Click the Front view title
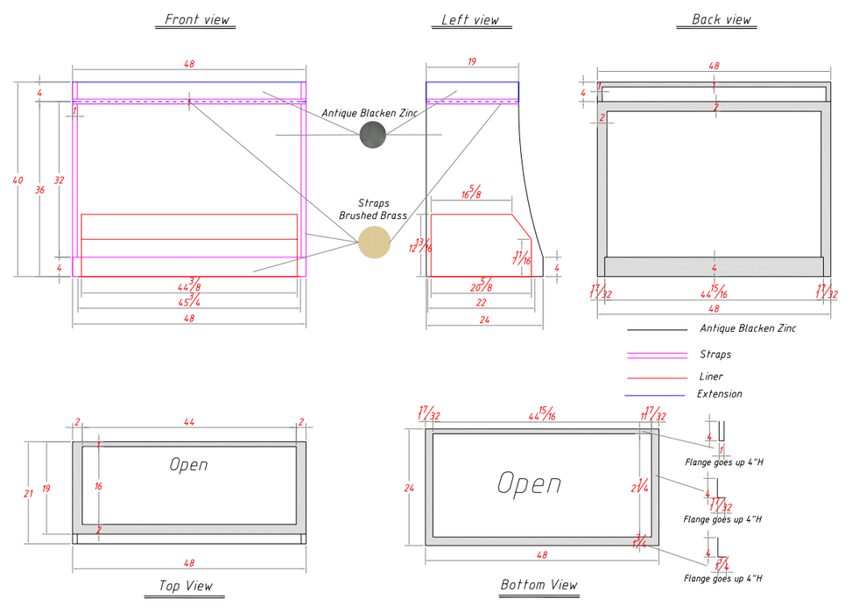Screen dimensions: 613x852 (197, 19)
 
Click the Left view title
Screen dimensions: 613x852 (470, 19)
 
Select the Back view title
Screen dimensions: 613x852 (721, 19)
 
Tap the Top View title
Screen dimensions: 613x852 (185, 586)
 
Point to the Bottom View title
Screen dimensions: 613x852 (539, 584)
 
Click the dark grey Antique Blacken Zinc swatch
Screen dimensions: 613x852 (372, 134)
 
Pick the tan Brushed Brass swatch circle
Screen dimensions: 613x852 (374, 243)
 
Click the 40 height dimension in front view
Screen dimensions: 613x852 (18, 180)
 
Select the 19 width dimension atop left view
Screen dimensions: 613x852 (472, 61)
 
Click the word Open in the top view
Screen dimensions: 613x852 (188, 464)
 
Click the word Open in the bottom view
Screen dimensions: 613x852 (529, 483)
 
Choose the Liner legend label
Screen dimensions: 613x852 (711, 377)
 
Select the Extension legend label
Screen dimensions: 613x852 (719, 394)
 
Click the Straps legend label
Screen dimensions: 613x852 (715, 355)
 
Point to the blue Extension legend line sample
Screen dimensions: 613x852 (654, 396)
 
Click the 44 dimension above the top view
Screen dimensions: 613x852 (189, 422)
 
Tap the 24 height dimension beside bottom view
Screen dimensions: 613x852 (409, 488)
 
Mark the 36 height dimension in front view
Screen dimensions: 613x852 (39, 189)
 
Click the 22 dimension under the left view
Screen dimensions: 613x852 (481, 302)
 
